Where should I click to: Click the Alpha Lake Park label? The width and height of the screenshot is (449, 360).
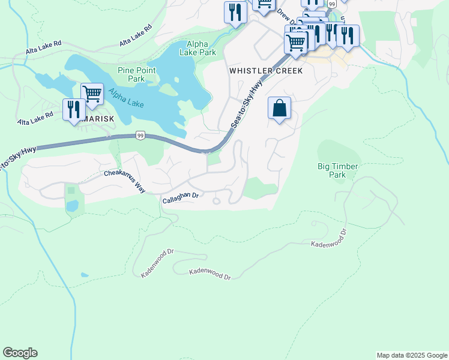(x=201, y=48)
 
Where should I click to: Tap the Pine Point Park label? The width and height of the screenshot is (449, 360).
(x=137, y=74)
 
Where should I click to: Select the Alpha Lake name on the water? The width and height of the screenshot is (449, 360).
(x=125, y=98)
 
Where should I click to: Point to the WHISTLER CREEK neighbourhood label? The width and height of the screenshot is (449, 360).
(x=266, y=71)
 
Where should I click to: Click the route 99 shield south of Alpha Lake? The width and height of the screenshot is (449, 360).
(x=139, y=136)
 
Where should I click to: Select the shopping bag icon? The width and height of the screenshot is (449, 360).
(x=279, y=109)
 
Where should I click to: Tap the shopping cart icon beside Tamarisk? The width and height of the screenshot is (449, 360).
(x=92, y=94)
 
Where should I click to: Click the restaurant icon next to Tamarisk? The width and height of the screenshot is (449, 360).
(x=74, y=110)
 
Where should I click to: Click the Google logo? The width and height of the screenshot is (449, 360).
(x=20, y=353)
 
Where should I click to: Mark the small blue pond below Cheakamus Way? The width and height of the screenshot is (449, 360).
(x=72, y=206)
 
